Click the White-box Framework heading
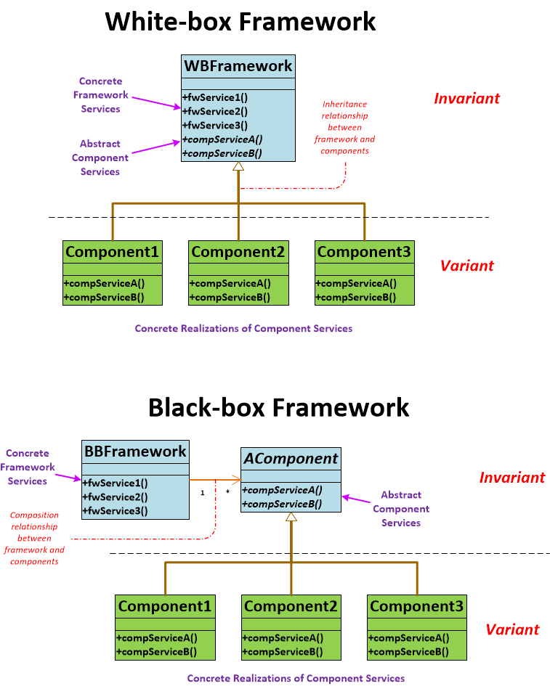[240, 22]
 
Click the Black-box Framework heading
[278, 407]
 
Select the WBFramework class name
[238, 66]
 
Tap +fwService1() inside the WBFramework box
[214, 98]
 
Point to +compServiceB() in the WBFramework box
[222, 153]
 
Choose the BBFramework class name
[135, 452]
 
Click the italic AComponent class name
[291, 459]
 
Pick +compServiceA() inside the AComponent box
[282, 489]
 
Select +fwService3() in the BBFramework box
[116, 510]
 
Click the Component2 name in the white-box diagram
[238, 252]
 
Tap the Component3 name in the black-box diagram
[416, 606]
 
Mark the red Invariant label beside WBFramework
[466, 99]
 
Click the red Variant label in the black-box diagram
[511, 629]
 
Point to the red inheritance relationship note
[345, 128]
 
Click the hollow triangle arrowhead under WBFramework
[238, 167]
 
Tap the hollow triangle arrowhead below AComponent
[291, 518]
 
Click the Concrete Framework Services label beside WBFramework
[100, 95]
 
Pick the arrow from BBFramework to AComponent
[214, 479]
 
